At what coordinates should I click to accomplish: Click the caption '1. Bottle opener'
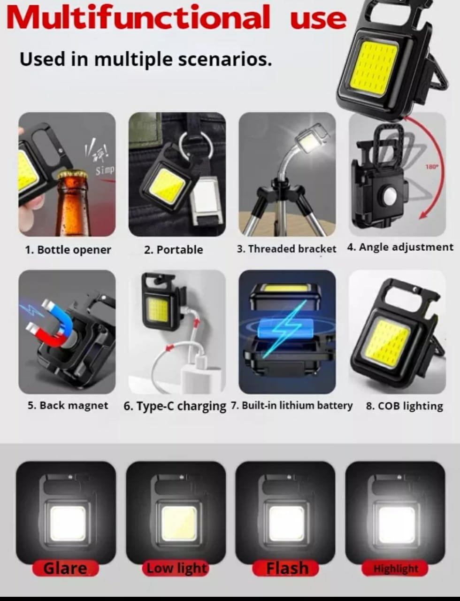68,250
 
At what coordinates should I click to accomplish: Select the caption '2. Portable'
173,250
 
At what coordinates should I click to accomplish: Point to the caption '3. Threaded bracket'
286,249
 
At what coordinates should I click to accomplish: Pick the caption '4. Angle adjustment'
400,247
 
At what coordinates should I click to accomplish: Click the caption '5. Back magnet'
68,406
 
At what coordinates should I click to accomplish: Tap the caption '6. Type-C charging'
175,406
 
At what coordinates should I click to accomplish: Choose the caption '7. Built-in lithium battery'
291,406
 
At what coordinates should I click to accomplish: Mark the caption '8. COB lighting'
405,406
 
